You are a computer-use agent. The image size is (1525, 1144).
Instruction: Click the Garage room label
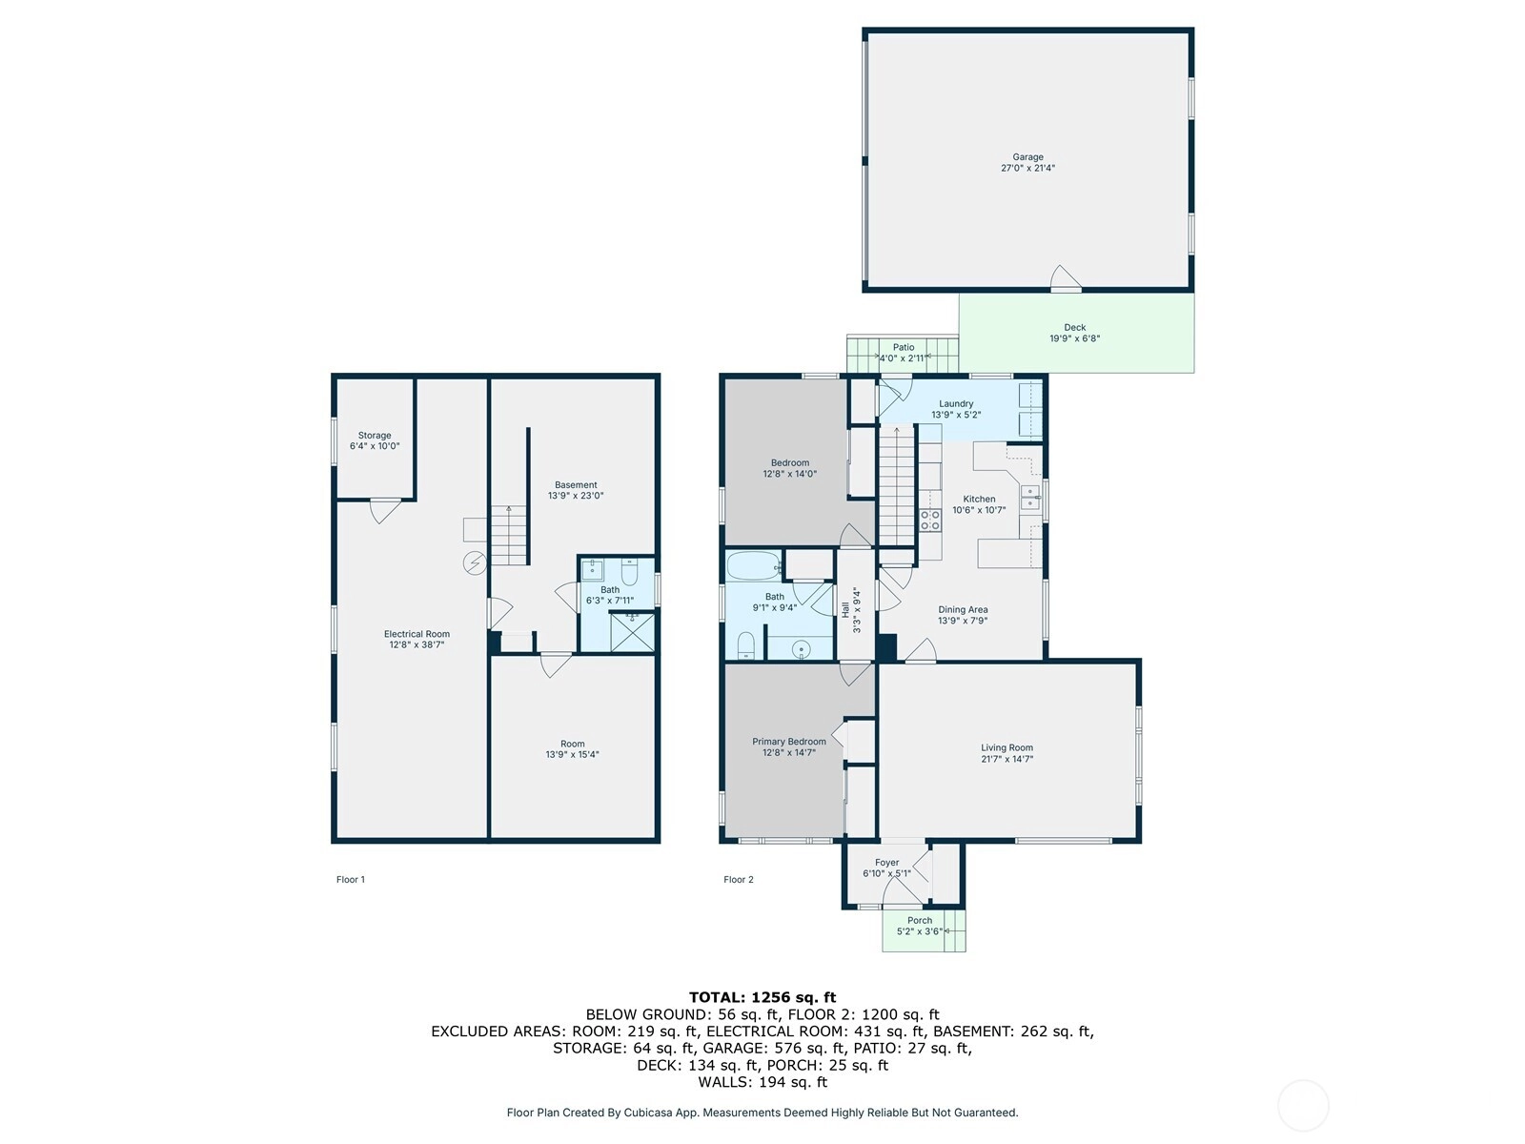(1027, 157)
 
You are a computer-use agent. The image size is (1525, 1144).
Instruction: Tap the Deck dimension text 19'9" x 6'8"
(1074, 339)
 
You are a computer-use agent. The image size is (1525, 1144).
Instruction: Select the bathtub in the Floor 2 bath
(754, 565)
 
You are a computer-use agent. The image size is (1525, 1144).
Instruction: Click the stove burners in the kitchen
(929, 521)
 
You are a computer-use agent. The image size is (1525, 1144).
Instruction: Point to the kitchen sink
(1029, 498)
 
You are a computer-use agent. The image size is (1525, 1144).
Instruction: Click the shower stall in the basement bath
(632, 631)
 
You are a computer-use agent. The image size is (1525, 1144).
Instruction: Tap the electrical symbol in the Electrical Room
(475, 562)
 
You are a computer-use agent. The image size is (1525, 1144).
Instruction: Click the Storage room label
(375, 436)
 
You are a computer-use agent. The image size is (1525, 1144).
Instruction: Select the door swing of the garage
(1066, 277)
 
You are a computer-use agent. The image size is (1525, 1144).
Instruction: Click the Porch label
(919, 920)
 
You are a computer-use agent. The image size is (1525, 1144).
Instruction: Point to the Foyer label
(886, 863)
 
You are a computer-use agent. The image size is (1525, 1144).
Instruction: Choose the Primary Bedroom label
(789, 742)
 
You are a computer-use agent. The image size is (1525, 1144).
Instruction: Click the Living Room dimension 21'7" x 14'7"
(1006, 759)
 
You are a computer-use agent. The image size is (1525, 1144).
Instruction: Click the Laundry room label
(956, 403)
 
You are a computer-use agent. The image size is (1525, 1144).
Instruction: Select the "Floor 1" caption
(350, 879)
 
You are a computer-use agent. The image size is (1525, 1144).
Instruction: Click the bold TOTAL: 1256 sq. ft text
(762, 997)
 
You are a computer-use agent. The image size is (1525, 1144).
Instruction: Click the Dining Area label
(963, 610)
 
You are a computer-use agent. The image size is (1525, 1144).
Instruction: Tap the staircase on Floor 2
(896, 486)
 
